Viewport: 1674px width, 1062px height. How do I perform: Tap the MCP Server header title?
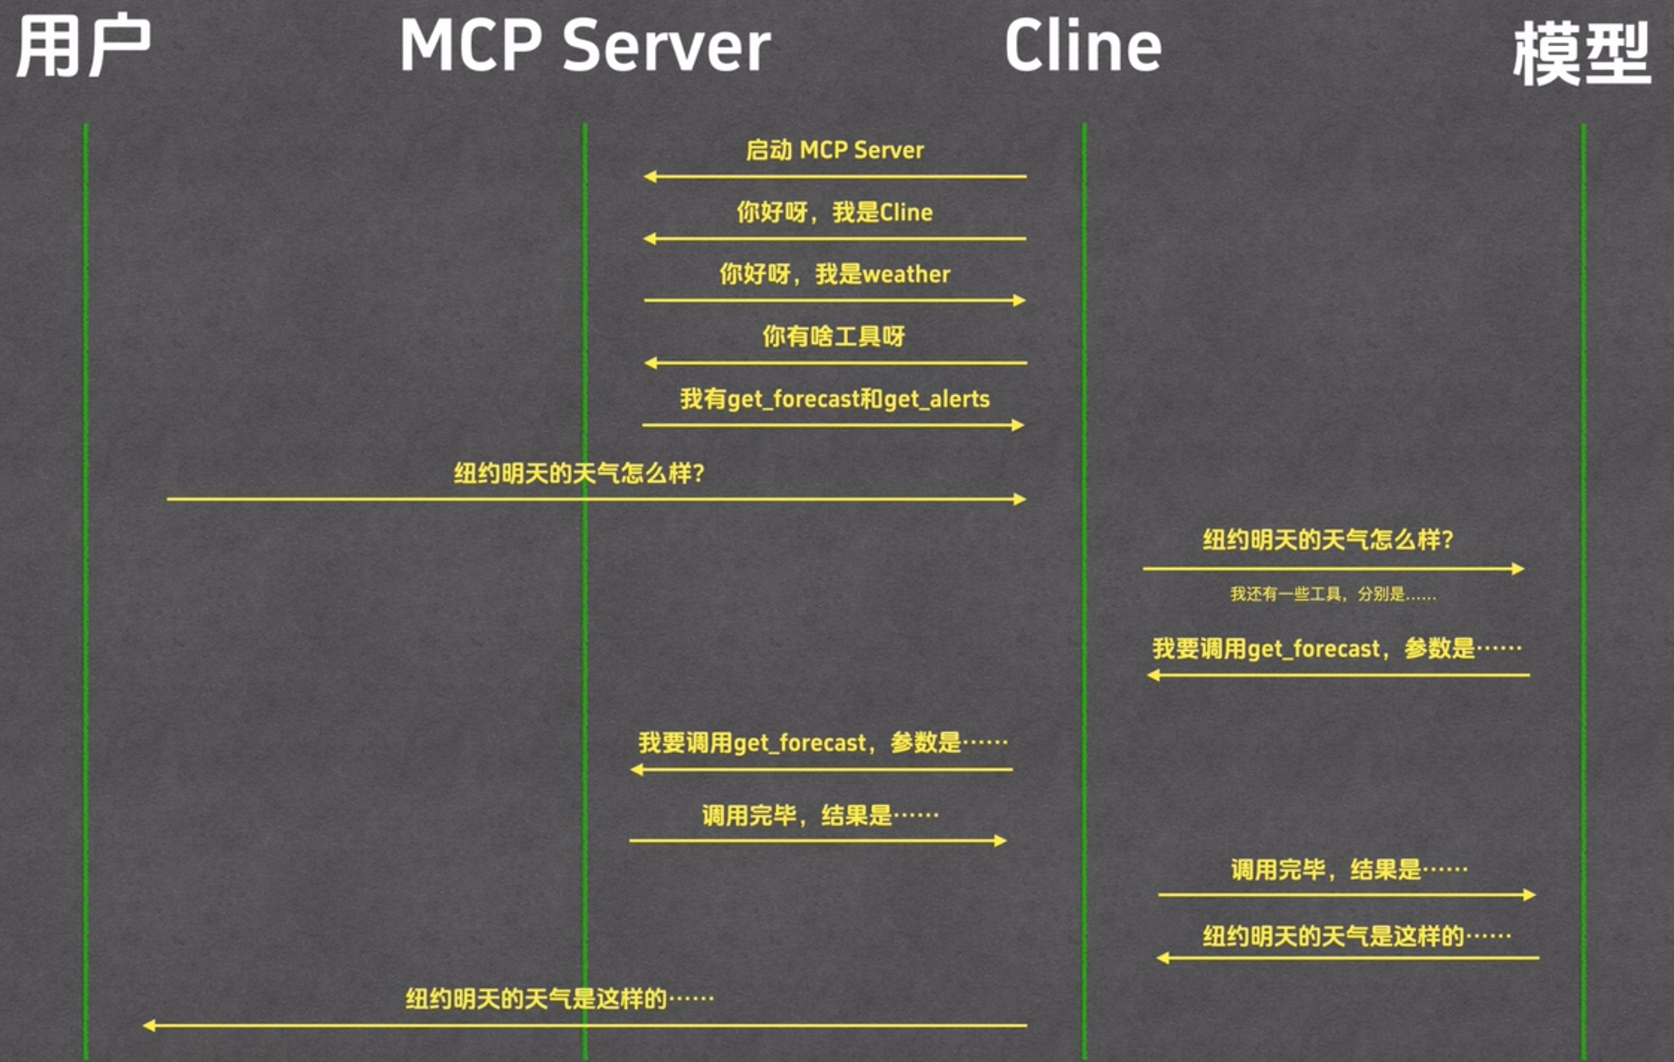584,46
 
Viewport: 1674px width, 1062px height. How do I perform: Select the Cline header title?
1083,46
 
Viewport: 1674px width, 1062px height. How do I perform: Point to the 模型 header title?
1581,53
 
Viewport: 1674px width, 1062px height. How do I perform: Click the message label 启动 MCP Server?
834,150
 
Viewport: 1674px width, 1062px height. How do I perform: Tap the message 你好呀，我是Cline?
834,212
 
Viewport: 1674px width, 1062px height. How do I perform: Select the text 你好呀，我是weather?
834,274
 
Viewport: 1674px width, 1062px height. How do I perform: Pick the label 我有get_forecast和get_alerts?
834,399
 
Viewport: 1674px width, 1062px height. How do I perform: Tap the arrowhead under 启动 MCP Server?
650,176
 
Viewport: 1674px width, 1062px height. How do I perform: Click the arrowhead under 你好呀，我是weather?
1019,300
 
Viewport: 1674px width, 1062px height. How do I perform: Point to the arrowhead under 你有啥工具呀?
651,363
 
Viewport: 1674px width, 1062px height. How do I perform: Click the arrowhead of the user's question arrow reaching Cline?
1019,499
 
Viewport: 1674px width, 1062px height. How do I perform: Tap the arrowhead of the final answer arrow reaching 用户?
149,1025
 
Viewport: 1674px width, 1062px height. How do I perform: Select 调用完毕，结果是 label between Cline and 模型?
1348,869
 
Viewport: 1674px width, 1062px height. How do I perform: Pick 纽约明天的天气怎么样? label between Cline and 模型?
1328,540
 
